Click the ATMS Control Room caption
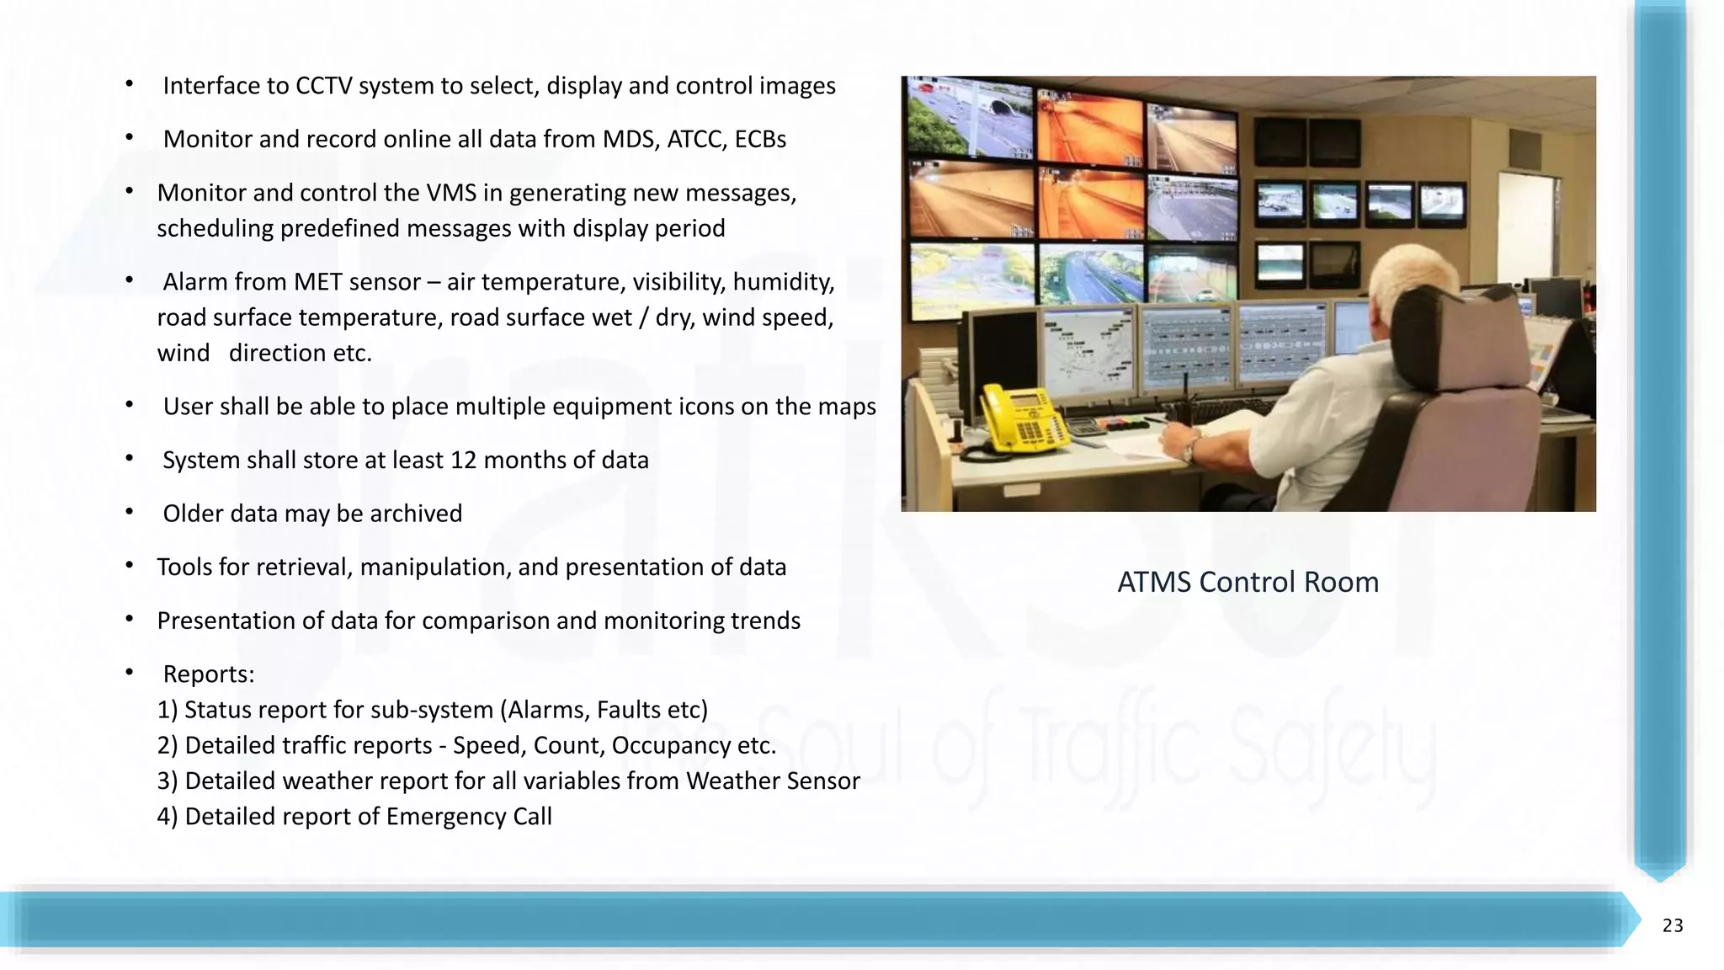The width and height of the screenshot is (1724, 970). (x=1248, y=582)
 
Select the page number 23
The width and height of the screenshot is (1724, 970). (x=1672, y=925)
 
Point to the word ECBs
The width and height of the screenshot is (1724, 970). (x=760, y=139)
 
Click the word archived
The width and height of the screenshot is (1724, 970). (x=416, y=514)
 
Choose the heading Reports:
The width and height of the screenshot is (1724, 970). (x=208, y=674)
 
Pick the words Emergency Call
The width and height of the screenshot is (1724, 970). (x=469, y=817)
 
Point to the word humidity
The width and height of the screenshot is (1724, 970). (x=783, y=282)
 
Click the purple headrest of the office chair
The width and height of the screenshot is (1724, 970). (x=1465, y=337)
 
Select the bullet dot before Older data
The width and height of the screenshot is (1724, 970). (x=130, y=512)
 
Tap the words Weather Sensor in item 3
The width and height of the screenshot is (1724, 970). (x=773, y=781)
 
